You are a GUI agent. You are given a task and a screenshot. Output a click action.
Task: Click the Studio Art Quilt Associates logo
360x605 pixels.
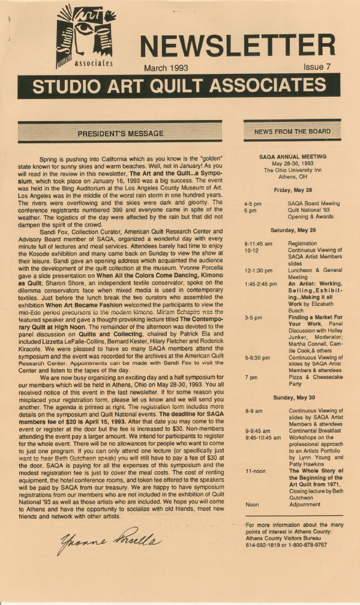pyautogui.click(x=85, y=36)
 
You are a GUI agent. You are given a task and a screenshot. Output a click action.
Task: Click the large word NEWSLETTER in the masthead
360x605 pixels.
pyautogui.click(x=237, y=45)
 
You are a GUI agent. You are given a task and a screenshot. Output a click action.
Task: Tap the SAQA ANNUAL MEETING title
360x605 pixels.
pyautogui.click(x=292, y=156)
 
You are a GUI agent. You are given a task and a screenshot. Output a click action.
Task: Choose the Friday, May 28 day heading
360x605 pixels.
pyautogui.click(x=292, y=190)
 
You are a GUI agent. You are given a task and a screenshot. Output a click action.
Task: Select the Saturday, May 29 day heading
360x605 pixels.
pyautogui.click(x=292, y=230)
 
